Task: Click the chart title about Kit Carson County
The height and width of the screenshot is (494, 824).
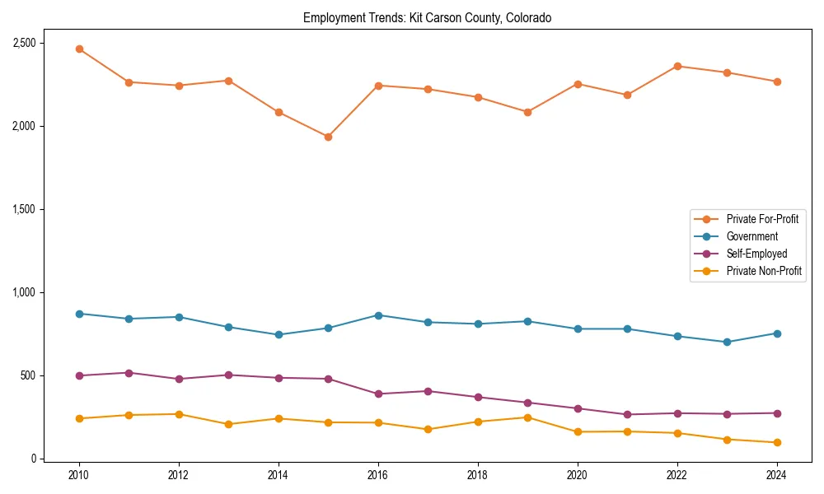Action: click(x=427, y=17)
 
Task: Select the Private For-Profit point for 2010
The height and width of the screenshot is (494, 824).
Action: click(x=79, y=49)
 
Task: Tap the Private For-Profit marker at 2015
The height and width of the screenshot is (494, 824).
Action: click(x=328, y=137)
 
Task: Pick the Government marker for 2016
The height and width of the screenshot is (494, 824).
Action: click(x=378, y=315)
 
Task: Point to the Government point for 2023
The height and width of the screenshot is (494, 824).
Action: click(x=727, y=342)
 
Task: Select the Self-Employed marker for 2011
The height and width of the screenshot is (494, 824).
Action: click(x=129, y=373)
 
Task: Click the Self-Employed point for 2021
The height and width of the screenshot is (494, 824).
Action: click(x=627, y=414)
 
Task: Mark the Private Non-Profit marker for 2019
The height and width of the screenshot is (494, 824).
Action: click(x=527, y=417)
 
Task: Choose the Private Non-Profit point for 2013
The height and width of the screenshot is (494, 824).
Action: click(x=228, y=424)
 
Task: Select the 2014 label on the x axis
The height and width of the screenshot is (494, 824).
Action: click(x=279, y=475)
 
